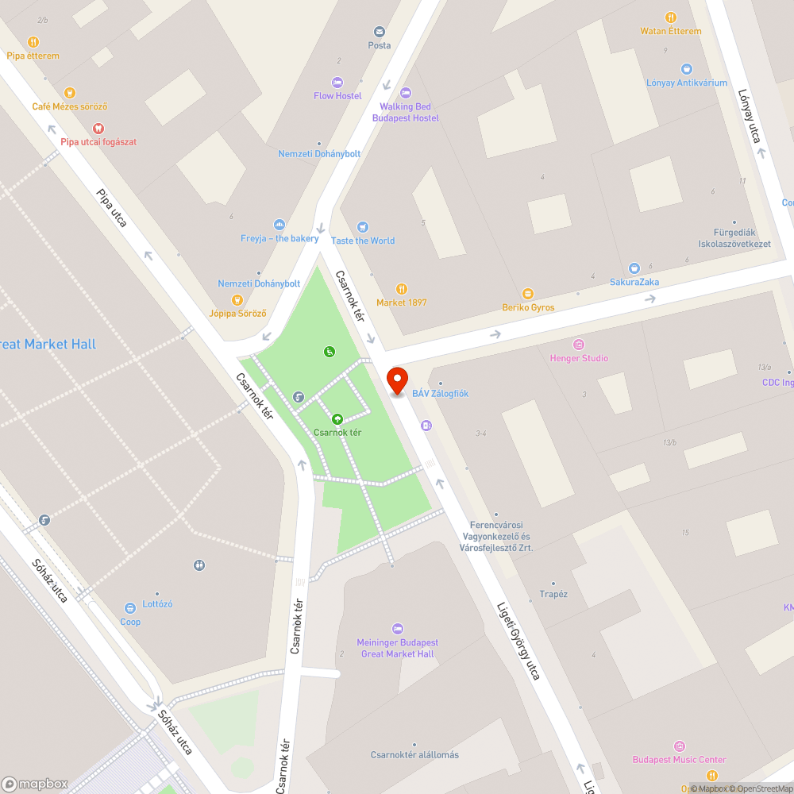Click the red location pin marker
(396, 380)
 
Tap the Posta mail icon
(380, 32)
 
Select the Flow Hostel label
(337, 96)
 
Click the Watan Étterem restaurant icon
(671, 17)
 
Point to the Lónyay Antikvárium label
(686, 83)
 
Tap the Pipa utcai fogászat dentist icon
(98, 128)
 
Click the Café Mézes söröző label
(70, 106)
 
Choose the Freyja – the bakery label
(279, 238)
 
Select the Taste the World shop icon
(363, 227)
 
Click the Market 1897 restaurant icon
(402, 289)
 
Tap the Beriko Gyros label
(528, 307)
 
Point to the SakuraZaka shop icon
(634, 268)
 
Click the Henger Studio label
(579, 358)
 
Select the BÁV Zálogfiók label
(440, 394)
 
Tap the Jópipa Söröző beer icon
(237, 300)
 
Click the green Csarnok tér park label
(337, 433)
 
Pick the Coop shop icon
(129, 608)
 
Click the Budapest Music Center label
(679, 760)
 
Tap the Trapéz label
(553, 594)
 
